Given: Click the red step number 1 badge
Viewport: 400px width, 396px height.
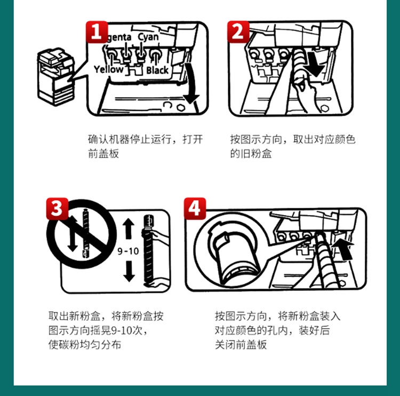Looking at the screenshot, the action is tap(97, 31).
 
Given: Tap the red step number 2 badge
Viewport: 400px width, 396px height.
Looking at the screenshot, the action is tap(238, 31).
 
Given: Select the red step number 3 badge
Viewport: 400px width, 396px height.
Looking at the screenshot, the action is tap(57, 208).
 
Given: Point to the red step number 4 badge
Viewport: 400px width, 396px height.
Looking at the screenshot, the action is tap(195, 208).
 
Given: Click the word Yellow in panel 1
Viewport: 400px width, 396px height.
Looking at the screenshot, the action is tap(108, 69).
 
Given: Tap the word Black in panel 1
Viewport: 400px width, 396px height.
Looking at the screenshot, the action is tap(157, 70).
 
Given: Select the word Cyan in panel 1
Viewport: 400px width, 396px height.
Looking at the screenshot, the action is tap(148, 37).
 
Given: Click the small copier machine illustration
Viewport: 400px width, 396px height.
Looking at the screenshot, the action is tap(56, 76).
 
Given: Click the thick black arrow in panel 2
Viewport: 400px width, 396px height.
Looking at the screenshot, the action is tap(316, 64).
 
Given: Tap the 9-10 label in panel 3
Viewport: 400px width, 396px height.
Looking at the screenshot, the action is tap(128, 251).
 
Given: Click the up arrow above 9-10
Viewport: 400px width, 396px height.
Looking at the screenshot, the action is tap(129, 228).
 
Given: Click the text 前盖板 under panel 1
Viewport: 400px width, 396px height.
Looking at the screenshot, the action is tap(103, 154).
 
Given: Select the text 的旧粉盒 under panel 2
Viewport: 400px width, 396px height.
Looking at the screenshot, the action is tap(251, 154).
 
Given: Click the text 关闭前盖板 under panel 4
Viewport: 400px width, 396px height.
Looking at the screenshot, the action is tap(241, 344).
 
